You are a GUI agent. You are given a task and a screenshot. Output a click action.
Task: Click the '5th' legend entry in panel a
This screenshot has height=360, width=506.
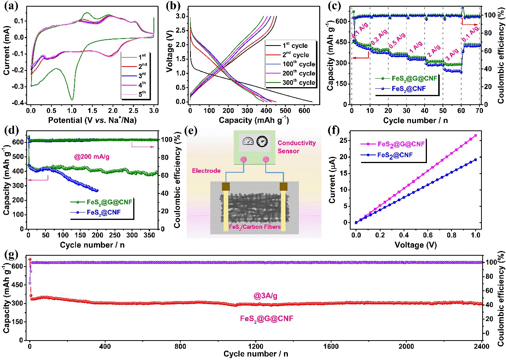click(142, 93)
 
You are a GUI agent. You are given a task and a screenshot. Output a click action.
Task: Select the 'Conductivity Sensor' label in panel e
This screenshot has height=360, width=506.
click(296, 147)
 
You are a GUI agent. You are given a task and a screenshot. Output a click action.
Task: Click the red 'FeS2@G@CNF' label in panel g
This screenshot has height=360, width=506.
click(266, 319)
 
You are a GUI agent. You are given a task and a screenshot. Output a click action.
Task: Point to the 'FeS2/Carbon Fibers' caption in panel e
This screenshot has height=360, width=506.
click(255, 227)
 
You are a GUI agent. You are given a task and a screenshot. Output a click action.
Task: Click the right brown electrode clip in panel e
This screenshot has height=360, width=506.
click(283, 186)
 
